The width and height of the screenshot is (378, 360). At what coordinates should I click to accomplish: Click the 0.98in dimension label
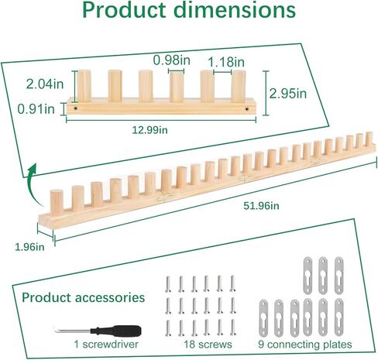point(172,60)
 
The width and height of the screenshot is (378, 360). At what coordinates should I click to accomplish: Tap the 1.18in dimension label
point(226,62)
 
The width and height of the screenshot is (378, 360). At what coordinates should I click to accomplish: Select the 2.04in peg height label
point(45,84)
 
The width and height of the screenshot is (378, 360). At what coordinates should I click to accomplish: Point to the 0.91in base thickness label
point(36,109)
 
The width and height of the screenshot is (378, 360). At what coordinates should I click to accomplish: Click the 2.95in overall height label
point(288,94)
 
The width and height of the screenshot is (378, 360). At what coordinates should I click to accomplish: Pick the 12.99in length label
point(149,130)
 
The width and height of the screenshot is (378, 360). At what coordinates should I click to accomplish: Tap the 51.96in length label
point(261,206)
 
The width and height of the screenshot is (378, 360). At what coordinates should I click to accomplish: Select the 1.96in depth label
point(29,247)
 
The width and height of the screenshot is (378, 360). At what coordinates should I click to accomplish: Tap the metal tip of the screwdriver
point(56,330)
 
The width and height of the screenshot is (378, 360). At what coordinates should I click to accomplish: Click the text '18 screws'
point(208,345)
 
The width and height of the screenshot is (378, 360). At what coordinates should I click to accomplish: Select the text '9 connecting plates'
point(305,345)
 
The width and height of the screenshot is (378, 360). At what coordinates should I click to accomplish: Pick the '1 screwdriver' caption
point(106,345)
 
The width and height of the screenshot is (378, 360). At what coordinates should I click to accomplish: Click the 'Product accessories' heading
point(83,297)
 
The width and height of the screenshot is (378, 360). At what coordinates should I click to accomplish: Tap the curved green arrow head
point(33,169)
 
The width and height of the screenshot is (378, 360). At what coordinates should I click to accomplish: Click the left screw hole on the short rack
point(75,108)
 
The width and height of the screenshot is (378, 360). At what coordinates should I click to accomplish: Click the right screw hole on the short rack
point(247,109)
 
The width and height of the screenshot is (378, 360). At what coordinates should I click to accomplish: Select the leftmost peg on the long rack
point(57,203)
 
